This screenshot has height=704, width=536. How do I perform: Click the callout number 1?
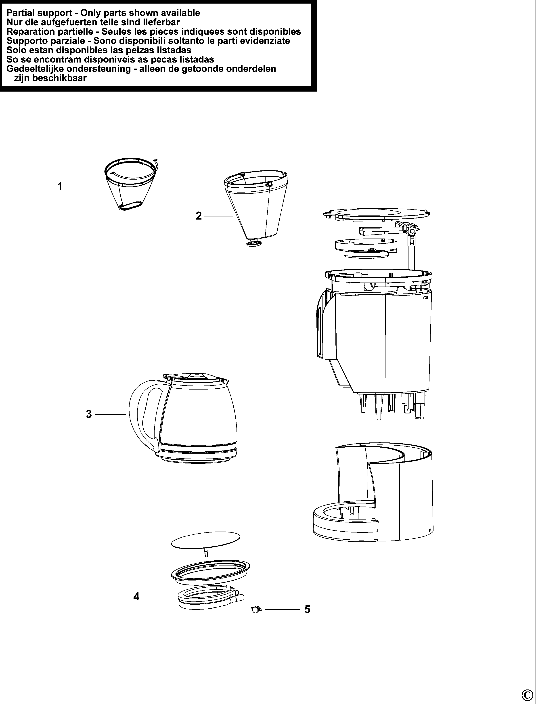tap(60, 186)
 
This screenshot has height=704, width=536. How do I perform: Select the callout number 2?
tap(199, 216)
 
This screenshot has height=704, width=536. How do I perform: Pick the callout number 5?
tap(307, 609)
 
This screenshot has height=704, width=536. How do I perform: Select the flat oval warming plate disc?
tap(206, 540)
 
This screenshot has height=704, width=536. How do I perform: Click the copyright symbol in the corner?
tap(528, 695)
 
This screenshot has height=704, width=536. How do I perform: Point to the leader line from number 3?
tap(111, 414)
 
